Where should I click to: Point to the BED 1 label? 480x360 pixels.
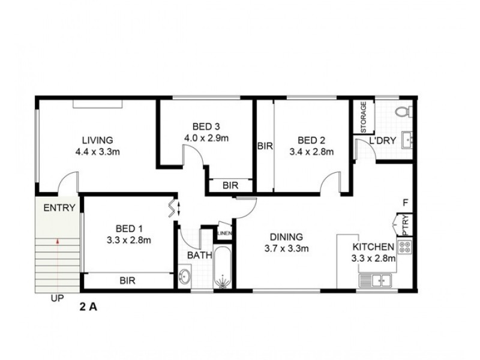[128, 229]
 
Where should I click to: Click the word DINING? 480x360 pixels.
[286, 237]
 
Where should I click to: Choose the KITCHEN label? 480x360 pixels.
[373, 247]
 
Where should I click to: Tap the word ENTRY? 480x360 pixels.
[59, 209]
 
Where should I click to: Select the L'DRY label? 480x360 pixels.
[382, 140]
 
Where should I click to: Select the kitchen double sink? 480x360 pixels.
[376, 279]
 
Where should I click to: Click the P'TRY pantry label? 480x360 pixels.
[406, 224]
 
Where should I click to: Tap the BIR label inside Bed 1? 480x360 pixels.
[127, 280]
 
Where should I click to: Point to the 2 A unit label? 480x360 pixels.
[88, 308]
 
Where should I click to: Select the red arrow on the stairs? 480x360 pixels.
[58, 242]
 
